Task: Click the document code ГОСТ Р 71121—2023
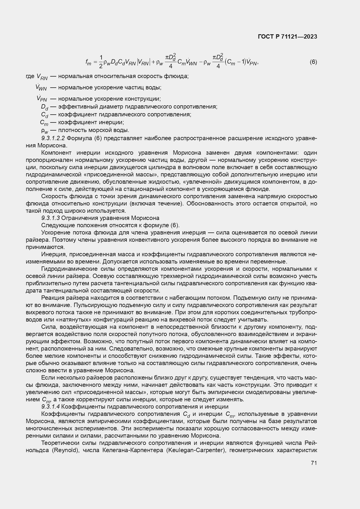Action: (x=287, y=37)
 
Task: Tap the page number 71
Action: (x=314, y=463)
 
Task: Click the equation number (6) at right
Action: (x=313, y=62)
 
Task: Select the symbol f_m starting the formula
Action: (x=88, y=62)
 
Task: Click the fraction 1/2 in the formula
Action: (x=101, y=62)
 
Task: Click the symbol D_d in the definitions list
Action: (x=45, y=107)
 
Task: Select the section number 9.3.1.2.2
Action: (x=53, y=138)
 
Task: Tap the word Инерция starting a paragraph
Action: (x=52, y=255)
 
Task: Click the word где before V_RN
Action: (x=30, y=76)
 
